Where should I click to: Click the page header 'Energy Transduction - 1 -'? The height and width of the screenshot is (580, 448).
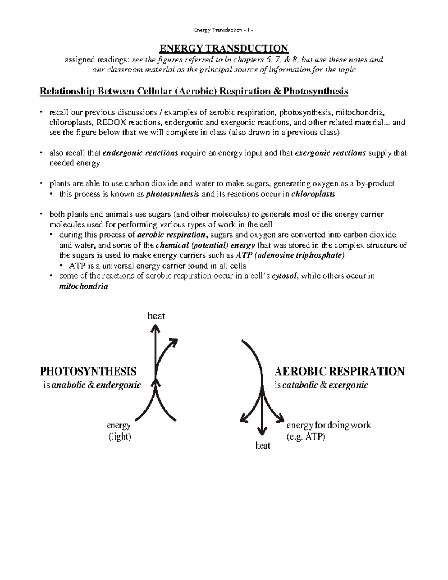pos(224,30)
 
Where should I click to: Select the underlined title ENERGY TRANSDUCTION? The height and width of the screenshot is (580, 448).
pos(224,49)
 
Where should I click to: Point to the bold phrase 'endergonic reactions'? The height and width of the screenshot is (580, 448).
pos(140,153)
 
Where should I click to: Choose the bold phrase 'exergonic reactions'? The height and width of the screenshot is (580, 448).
pos(330,153)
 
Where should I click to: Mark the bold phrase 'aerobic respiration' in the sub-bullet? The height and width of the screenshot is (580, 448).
pos(171,235)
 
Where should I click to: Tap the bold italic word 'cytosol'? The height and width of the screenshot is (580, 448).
pos(284,276)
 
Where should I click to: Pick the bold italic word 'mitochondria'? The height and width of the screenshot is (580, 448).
pos(84,286)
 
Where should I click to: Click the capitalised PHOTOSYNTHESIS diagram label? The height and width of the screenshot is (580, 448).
pos(88,372)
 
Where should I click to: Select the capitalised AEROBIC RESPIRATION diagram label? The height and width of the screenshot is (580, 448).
pos(339,372)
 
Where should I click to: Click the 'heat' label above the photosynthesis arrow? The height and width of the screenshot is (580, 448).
pos(156,316)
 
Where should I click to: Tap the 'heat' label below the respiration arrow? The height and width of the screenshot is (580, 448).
pos(263,446)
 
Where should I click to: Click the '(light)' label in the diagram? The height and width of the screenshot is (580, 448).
pos(119,437)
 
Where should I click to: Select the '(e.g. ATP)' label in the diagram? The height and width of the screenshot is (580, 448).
pos(305,437)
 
